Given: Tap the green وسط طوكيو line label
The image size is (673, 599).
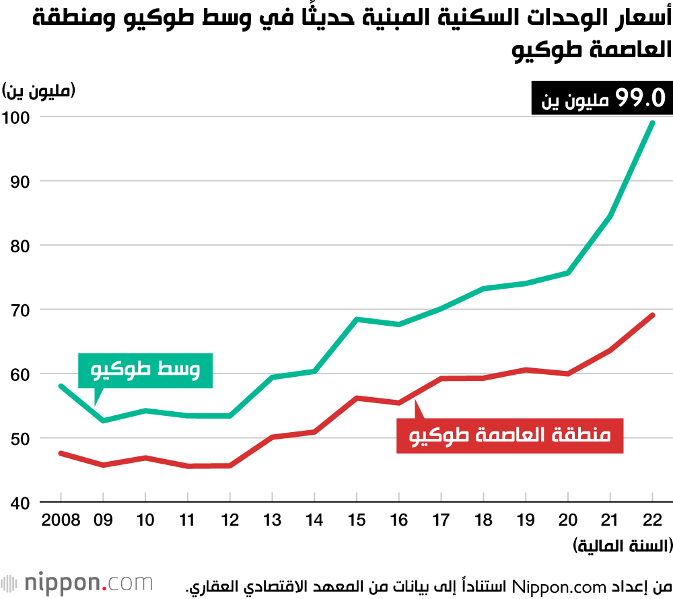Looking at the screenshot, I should click(x=145, y=370).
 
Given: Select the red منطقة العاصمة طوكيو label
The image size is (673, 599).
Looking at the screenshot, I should click(x=510, y=435).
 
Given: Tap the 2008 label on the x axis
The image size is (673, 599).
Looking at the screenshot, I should click(x=61, y=520).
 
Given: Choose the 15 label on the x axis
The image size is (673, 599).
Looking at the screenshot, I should click(x=357, y=520).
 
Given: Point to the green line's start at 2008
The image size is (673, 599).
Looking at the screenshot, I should click(x=61, y=386).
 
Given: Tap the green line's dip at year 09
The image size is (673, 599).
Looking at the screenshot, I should click(x=103, y=421).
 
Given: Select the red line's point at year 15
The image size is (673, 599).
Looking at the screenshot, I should click(x=357, y=398).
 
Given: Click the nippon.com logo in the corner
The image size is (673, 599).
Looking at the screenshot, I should click(x=77, y=582).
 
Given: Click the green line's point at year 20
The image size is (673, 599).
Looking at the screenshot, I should click(x=568, y=273).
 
